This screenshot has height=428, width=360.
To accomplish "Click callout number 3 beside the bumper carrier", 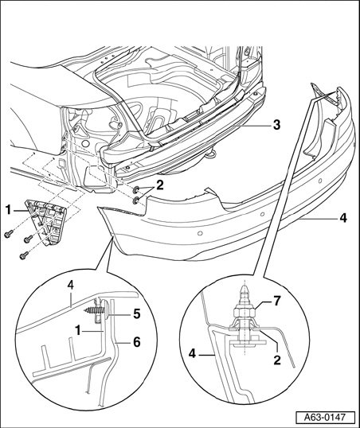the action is [276, 125].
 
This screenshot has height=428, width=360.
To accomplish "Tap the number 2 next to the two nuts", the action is [159, 185].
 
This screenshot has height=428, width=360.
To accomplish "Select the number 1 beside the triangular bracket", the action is [9, 210].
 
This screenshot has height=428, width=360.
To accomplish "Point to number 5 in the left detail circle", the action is [137, 314].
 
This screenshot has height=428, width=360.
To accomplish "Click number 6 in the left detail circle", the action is [137, 342].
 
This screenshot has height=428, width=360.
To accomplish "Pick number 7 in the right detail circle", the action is [277, 302].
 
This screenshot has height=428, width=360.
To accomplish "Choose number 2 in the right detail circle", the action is [277, 360].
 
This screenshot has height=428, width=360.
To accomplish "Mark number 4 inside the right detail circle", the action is [193, 354].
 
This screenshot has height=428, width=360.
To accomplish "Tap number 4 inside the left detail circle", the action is [70, 286].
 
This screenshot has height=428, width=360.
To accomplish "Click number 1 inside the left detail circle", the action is [78, 331].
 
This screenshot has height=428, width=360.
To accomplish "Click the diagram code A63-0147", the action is [325, 418].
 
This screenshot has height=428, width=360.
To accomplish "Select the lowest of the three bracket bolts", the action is [24, 255].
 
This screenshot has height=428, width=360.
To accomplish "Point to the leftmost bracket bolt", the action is [9, 233].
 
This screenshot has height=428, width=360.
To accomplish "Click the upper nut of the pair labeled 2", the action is [135, 189].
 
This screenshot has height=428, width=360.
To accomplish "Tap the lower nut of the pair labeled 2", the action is [135, 201].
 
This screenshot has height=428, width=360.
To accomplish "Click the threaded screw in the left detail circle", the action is [95, 310].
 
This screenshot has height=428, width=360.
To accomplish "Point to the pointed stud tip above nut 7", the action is [245, 290].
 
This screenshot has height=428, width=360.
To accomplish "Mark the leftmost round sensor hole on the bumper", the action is [200, 233].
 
